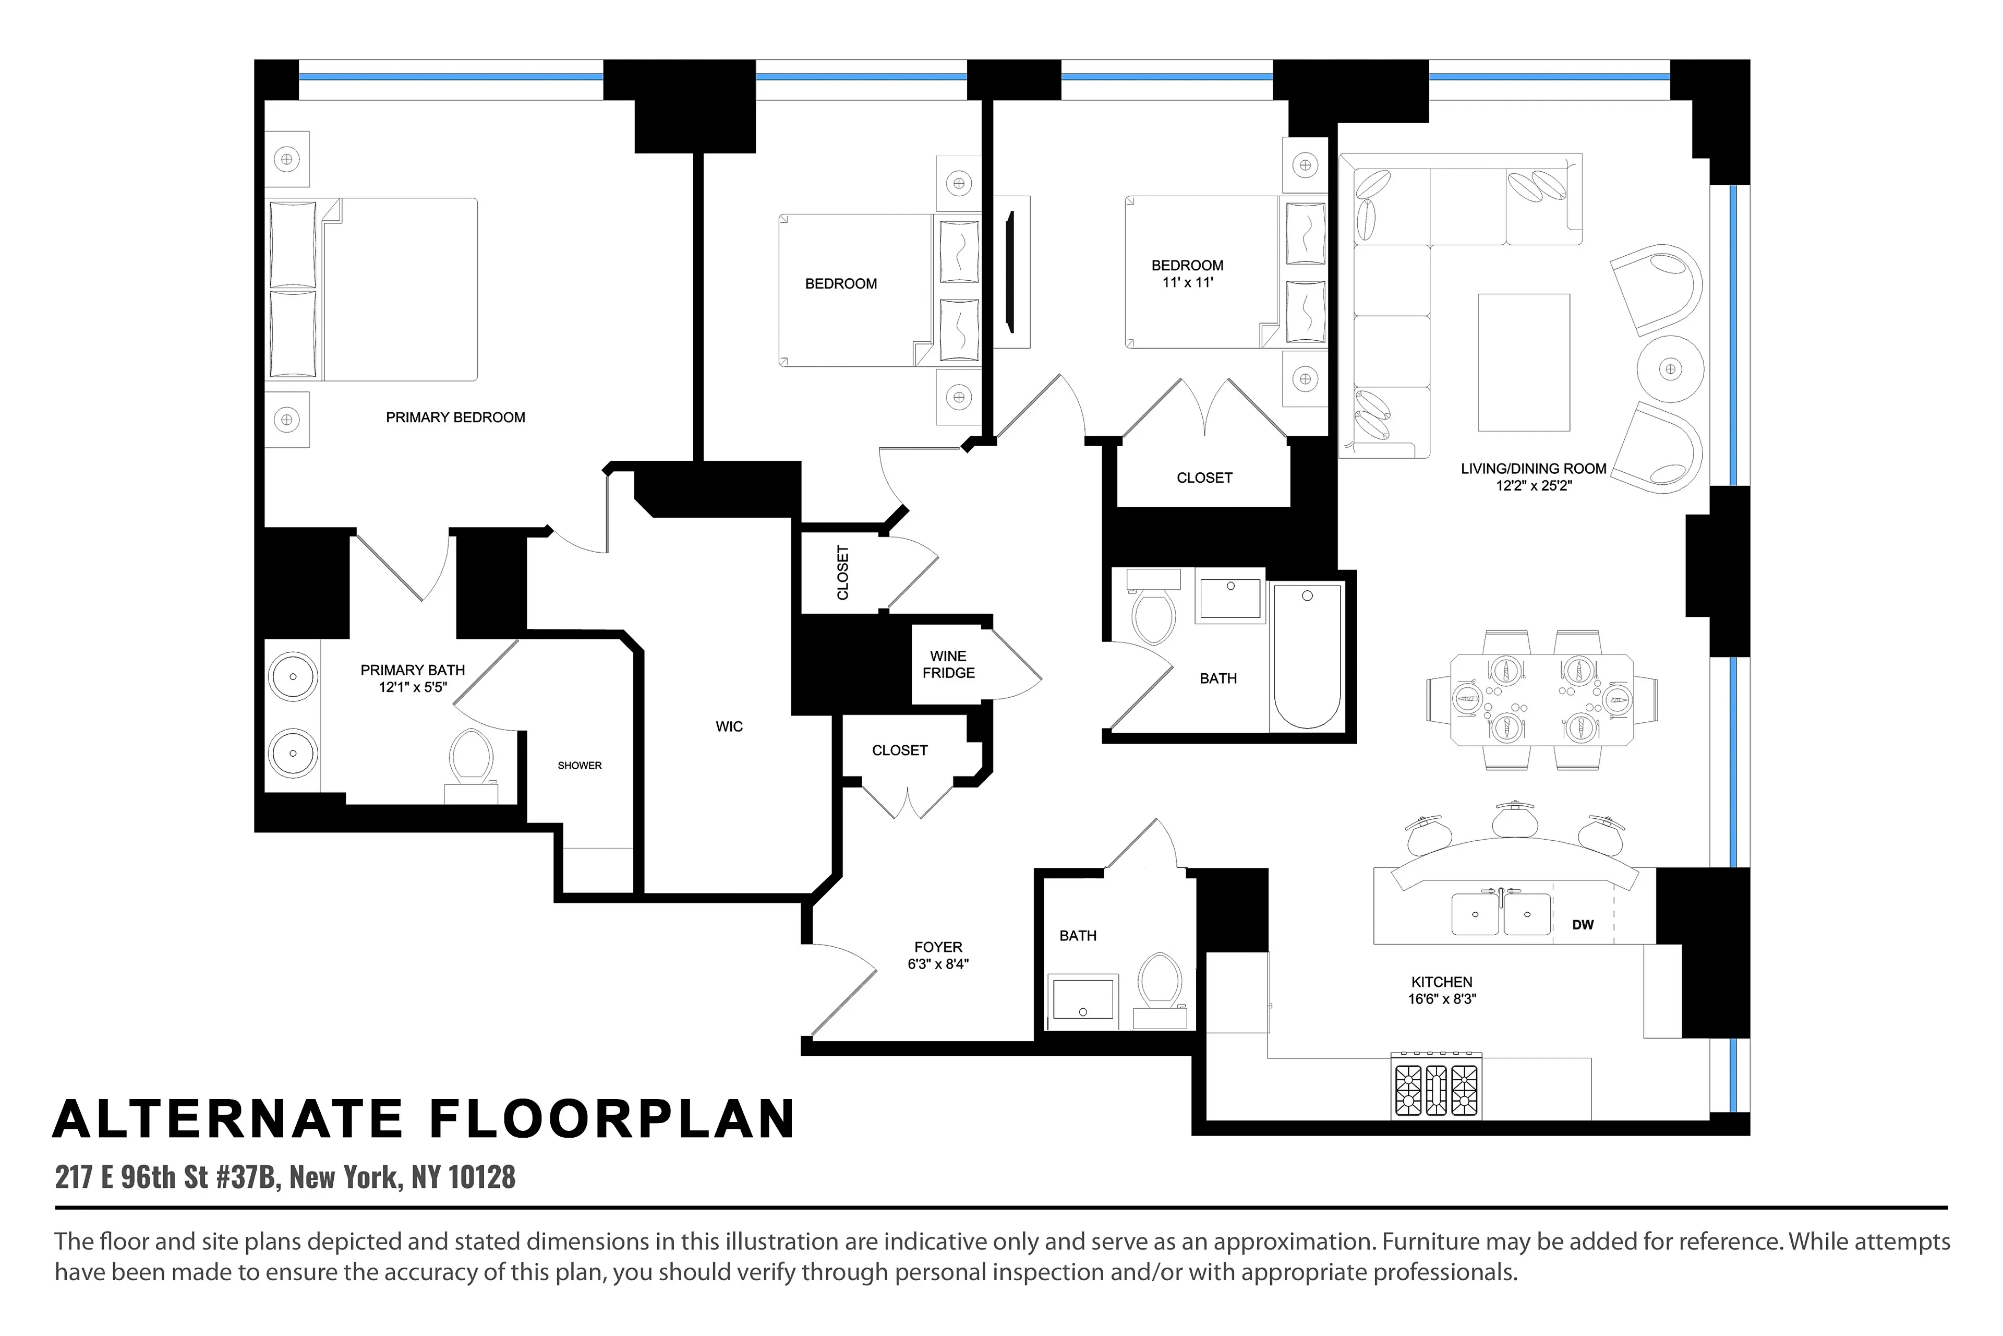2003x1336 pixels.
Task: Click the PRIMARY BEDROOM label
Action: tap(455, 417)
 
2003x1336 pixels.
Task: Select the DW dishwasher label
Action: tap(1582, 924)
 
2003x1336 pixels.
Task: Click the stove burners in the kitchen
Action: tap(1437, 1091)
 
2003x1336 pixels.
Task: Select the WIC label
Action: tap(729, 727)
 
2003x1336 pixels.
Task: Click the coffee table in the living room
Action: tap(1524, 363)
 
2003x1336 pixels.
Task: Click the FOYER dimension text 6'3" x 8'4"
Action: tap(938, 964)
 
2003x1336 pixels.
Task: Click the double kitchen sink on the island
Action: tap(1501, 913)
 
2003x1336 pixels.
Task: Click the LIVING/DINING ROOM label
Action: tap(1533, 469)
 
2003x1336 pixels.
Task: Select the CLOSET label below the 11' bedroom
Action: tap(1204, 478)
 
